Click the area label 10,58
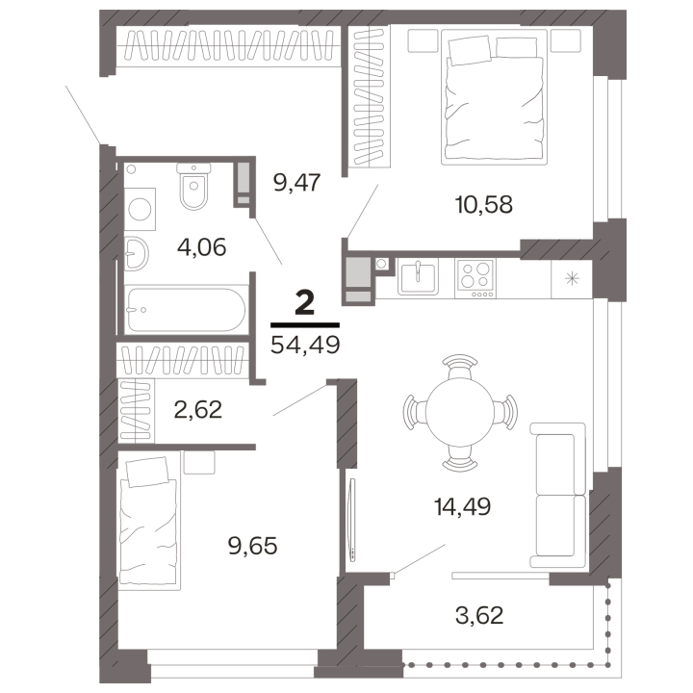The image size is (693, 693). tap(483, 205)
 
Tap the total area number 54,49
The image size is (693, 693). tap(305, 345)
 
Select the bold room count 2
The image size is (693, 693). tap(304, 303)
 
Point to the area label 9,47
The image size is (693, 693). tap(296, 182)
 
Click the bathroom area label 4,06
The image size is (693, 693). tap(201, 247)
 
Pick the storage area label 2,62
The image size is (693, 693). tap(197, 409)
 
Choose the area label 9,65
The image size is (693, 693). tap(252, 546)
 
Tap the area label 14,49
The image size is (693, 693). tap(462, 506)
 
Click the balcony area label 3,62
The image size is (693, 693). tap(479, 615)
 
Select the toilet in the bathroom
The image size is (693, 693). tap(193, 186)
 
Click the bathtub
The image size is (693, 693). tap(186, 310)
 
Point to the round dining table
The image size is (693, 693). tap(460, 412)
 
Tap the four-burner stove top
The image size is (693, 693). tap(475, 278)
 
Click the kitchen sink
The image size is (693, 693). tap(418, 276)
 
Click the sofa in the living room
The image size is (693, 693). tap(558, 496)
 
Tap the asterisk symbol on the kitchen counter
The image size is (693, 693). tap(572, 278)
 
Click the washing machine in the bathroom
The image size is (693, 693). tap(140, 209)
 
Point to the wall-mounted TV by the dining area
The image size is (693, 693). tap(352, 520)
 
